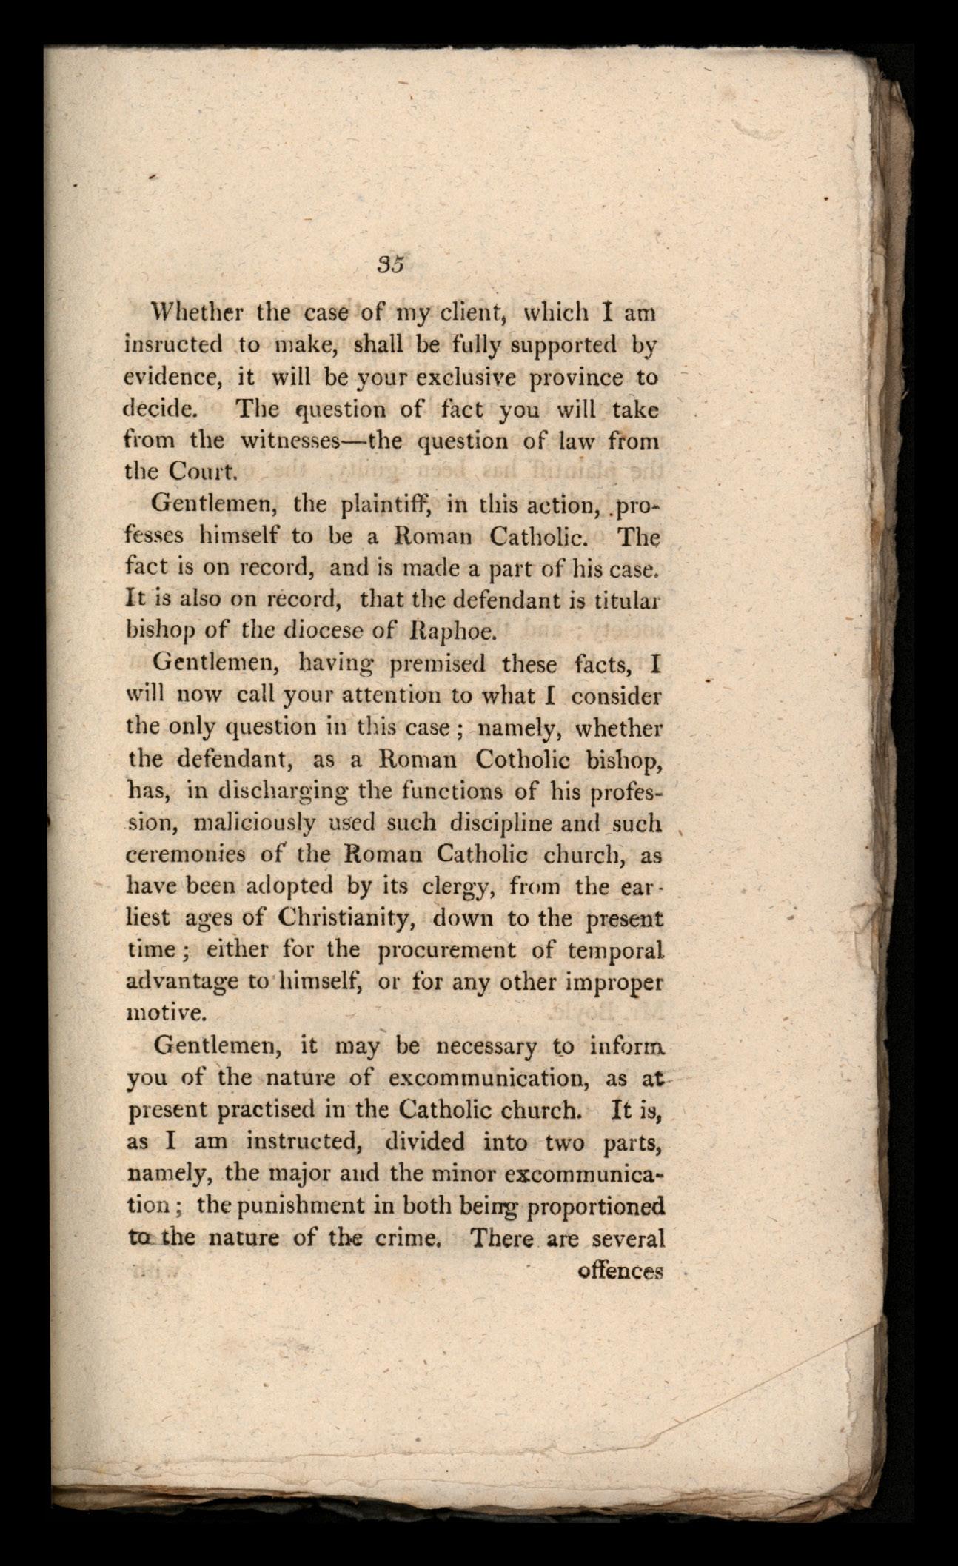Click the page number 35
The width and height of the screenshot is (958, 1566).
coord(389,264)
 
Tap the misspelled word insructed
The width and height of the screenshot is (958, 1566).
coord(173,344)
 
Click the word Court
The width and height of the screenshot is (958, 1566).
coord(193,472)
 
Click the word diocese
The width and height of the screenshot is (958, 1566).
coord(329,633)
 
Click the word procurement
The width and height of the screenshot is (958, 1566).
coord(446,951)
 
